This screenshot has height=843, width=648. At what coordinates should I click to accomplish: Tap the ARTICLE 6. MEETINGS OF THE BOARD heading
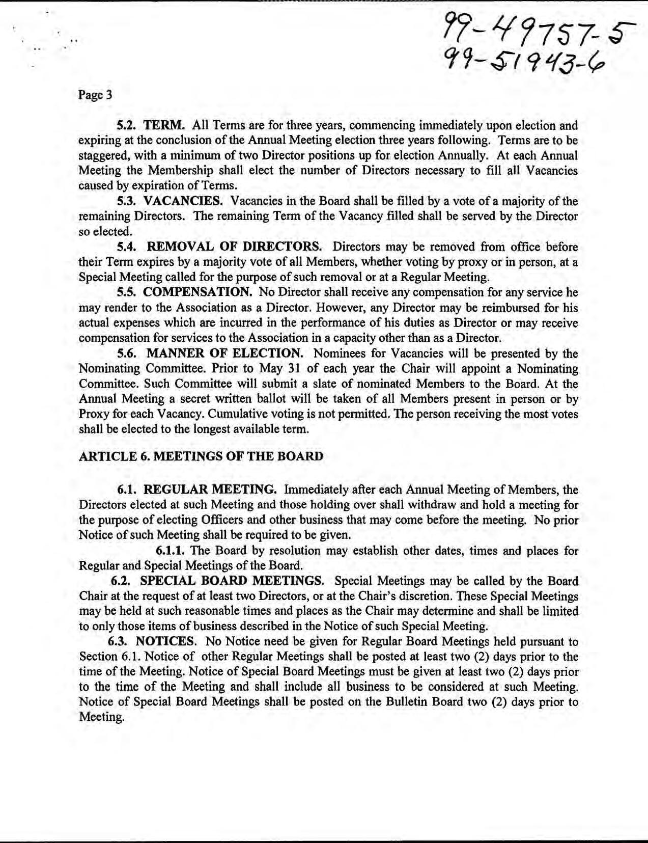201,456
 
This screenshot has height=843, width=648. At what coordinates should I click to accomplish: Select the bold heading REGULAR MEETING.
210,490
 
